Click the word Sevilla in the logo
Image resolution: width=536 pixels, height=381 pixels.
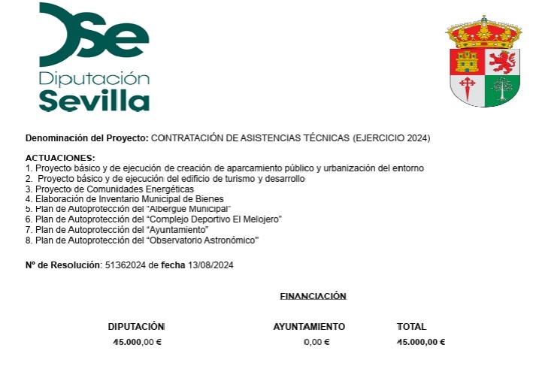pyautogui.click(x=94, y=100)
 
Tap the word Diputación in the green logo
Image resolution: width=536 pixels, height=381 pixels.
pyautogui.click(x=94, y=79)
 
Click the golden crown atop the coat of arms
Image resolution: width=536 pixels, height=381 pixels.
pyautogui.click(x=484, y=32)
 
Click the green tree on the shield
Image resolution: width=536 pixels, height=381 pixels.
pyautogui.click(x=501, y=90)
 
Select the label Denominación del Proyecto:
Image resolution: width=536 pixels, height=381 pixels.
pyautogui.click(x=87, y=138)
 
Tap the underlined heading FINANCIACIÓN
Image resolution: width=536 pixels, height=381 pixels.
pyautogui.click(x=313, y=296)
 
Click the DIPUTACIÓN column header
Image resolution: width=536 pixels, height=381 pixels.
pyautogui.click(x=136, y=327)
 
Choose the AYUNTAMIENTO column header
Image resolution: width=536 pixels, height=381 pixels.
pyautogui.click(x=309, y=327)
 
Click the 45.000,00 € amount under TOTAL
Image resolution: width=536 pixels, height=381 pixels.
pyautogui.click(x=421, y=342)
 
